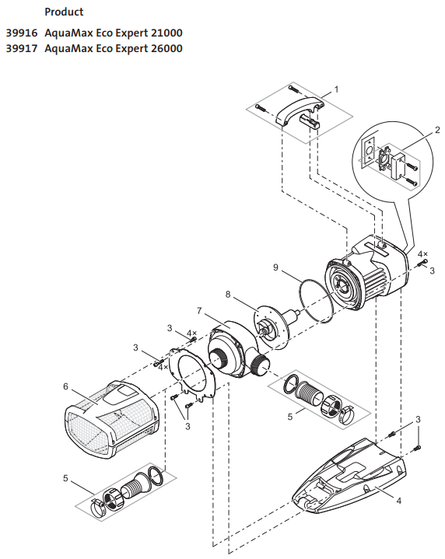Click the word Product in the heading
[64, 12]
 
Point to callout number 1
[336, 89]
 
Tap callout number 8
[228, 294]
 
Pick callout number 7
[199, 310]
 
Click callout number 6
[65, 386]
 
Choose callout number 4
[399, 501]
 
